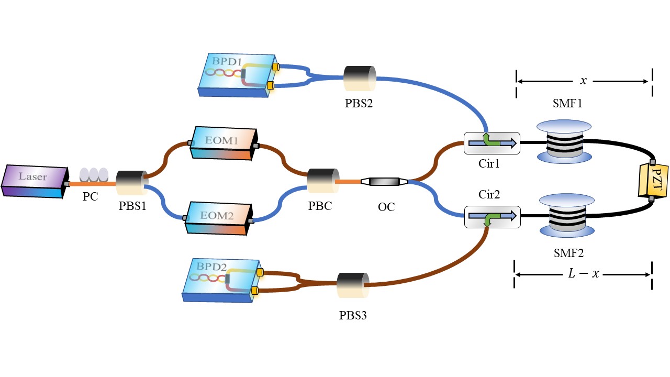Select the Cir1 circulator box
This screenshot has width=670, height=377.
tap(492, 143)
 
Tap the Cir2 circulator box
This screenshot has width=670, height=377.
tap(492, 216)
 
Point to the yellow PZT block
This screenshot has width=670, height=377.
tap(649, 179)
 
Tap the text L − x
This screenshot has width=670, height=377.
tap(583, 274)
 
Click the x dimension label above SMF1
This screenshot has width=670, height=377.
tap(583, 81)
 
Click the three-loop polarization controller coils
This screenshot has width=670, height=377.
tap(93, 174)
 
